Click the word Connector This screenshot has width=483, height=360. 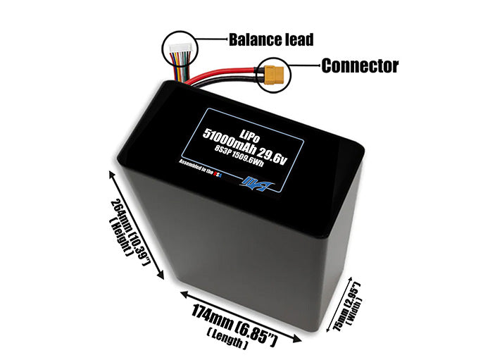360,66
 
